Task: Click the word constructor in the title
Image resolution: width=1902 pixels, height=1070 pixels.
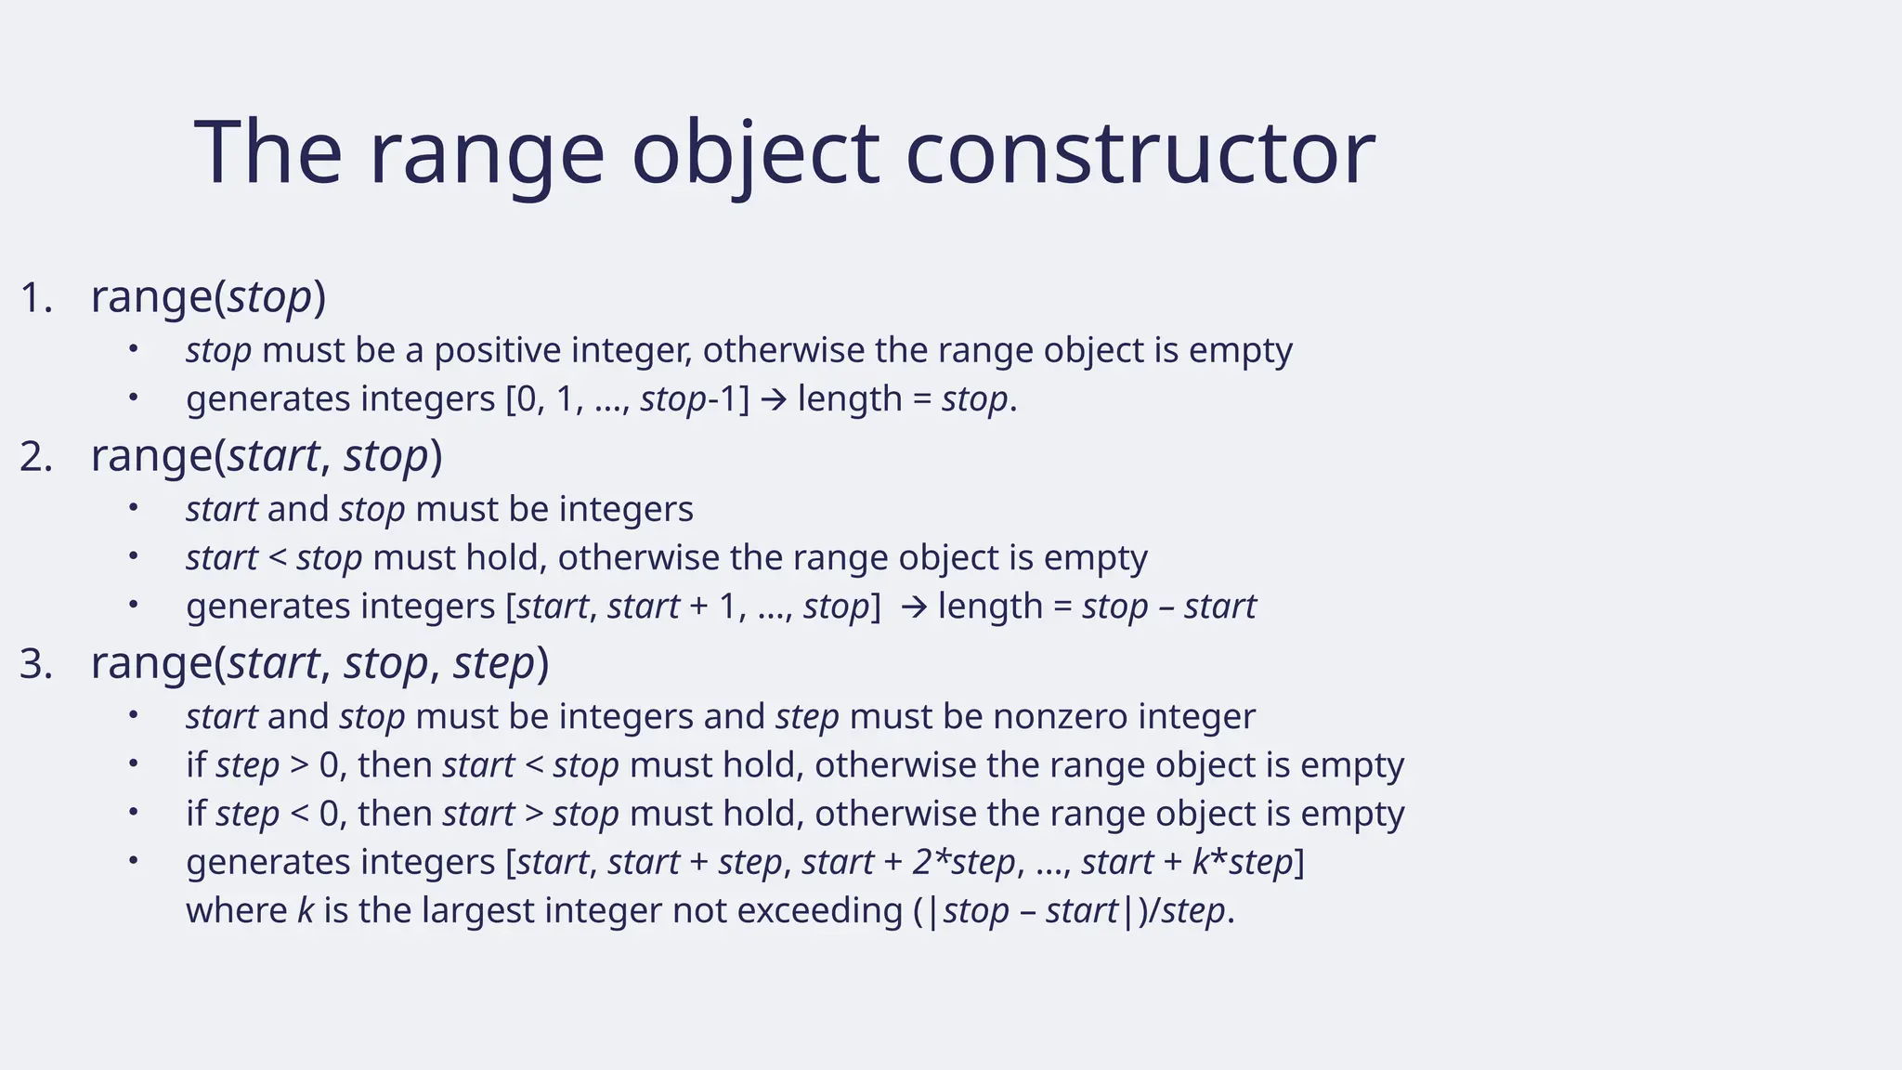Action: point(1140,153)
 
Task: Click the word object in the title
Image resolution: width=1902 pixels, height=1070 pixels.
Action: point(755,153)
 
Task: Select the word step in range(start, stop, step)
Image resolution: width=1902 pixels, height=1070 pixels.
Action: point(494,663)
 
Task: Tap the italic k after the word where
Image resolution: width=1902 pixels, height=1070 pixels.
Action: point(306,910)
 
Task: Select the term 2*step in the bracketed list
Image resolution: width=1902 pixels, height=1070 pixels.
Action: point(963,862)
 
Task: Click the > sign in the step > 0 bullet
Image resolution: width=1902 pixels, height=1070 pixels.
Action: point(299,766)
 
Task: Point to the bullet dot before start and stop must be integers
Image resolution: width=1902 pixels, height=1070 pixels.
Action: point(133,508)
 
